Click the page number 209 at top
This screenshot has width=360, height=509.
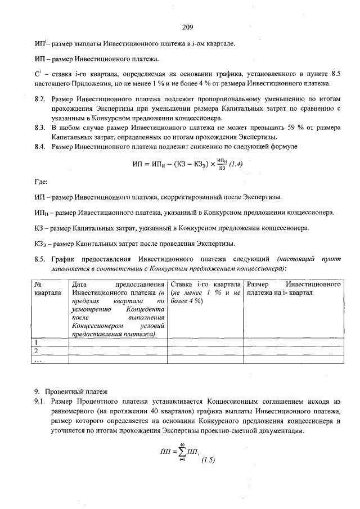[x=188, y=26]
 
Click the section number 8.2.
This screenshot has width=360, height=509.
[x=39, y=98]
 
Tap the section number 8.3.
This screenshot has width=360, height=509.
[x=39, y=128]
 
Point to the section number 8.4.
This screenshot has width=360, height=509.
[x=39, y=147]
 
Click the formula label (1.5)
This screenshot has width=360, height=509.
[x=208, y=461]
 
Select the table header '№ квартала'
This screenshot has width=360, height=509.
[x=48, y=289]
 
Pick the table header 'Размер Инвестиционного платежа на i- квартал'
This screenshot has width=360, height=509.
[x=294, y=289]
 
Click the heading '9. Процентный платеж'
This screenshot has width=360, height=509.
[x=70, y=391]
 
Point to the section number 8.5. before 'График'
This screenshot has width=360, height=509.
[x=39, y=259]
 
